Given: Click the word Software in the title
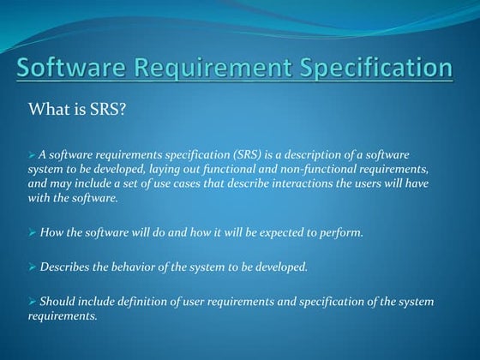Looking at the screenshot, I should pos(77,68).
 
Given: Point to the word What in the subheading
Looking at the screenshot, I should pos(50,109).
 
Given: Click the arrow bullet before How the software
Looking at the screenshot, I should pos(33,233).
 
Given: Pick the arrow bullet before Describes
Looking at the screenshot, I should pos(33,267).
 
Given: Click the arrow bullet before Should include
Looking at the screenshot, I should pos(33,301).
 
